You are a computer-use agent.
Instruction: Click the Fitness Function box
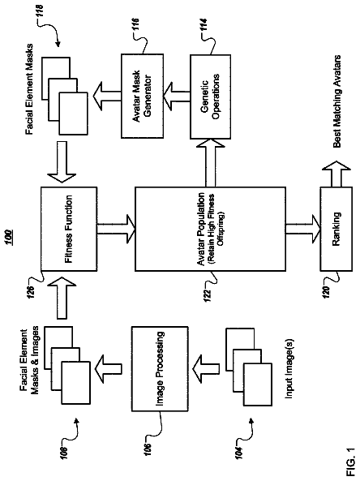(69, 229)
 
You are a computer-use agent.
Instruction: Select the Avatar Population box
(210, 229)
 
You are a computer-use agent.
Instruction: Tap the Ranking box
(336, 229)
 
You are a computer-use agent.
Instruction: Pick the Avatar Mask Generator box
(142, 96)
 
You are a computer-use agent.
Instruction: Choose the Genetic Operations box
(210, 97)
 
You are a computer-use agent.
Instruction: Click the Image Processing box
(160, 369)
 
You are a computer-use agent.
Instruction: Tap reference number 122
(208, 295)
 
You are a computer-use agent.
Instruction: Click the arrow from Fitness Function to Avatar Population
(116, 229)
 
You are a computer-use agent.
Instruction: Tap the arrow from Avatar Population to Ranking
(303, 229)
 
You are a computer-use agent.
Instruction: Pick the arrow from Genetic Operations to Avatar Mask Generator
(176, 96)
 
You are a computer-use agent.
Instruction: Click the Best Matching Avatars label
(336, 101)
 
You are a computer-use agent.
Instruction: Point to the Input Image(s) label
(289, 369)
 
